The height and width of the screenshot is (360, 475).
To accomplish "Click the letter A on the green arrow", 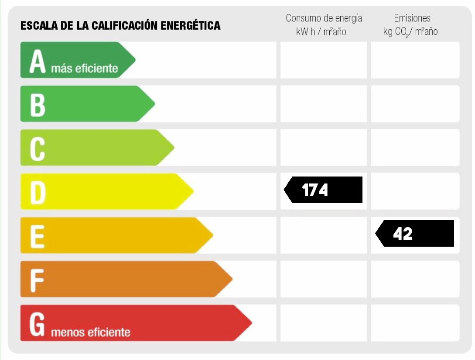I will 38,61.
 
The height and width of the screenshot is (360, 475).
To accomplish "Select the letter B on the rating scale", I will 38,105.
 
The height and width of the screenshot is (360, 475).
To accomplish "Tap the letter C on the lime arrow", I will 38,148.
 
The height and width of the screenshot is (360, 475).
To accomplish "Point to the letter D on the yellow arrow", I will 38,192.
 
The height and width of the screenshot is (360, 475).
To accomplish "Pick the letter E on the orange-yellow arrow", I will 38,236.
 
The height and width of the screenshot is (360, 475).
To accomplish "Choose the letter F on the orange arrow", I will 38,279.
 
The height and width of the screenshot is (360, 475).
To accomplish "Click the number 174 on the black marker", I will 315,190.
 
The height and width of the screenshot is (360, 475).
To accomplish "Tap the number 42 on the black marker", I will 403,234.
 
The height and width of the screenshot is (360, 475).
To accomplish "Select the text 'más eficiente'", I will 85,68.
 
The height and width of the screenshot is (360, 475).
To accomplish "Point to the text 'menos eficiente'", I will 91,333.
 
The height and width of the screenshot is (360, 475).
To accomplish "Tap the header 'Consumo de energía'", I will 324,18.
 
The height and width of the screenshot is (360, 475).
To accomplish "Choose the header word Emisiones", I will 412,18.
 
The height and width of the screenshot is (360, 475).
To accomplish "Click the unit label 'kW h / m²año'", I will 321,32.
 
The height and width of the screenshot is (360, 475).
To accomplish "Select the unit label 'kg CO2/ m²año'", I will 410,32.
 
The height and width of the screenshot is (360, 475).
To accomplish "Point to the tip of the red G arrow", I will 251,323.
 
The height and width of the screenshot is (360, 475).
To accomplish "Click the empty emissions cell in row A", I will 415,60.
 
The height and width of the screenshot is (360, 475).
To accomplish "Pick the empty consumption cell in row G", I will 323,323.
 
